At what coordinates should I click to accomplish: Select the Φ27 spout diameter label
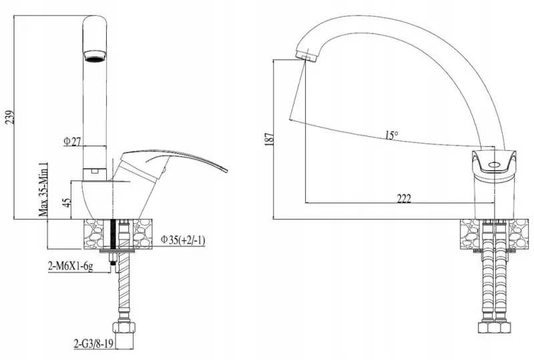coord(71,142)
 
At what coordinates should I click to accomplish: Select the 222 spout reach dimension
coord(403,198)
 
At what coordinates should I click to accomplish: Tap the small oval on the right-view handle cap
coord(495,164)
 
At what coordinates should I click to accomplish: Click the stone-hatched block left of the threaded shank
coord(98,234)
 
